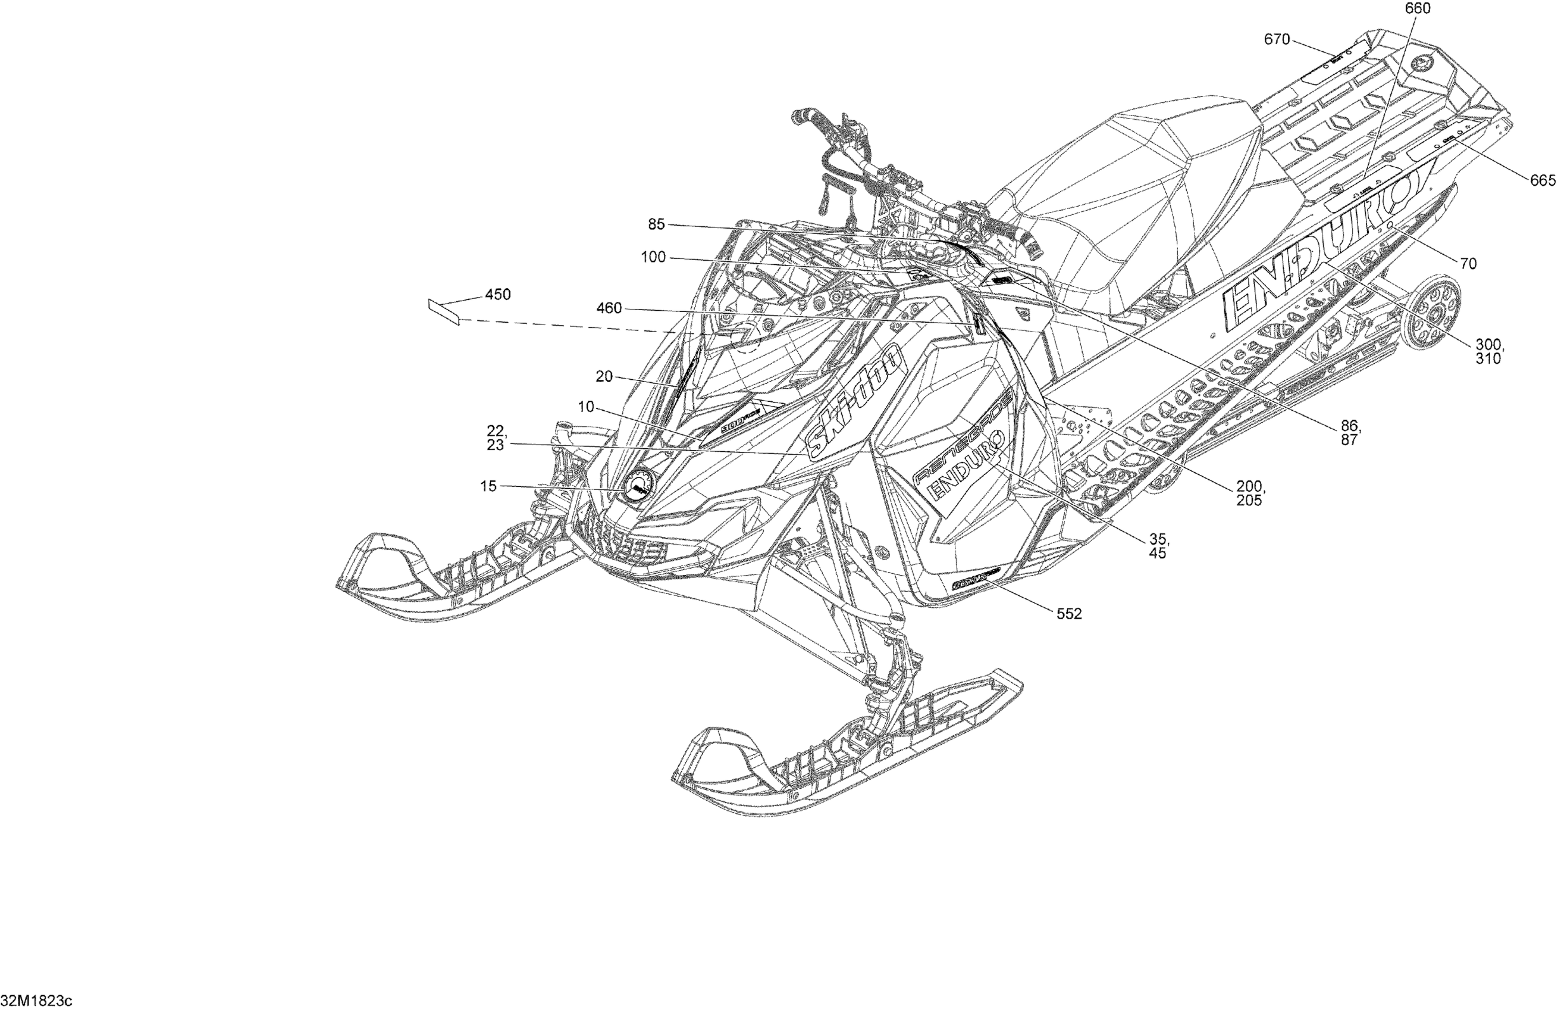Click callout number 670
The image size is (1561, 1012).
pos(1277,40)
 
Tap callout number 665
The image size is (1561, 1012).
pos(1542,180)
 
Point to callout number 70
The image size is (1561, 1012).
pos(1468,264)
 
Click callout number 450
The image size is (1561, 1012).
pos(497,295)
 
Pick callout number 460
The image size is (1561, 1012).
pos(609,308)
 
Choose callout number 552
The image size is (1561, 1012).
pos(1068,614)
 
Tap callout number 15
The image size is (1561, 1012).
pos(488,486)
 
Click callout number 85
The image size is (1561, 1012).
pos(656,224)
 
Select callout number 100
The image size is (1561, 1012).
pos(653,257)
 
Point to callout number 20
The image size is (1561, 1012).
pos(603,377)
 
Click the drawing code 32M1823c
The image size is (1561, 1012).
pos(37,1001)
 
